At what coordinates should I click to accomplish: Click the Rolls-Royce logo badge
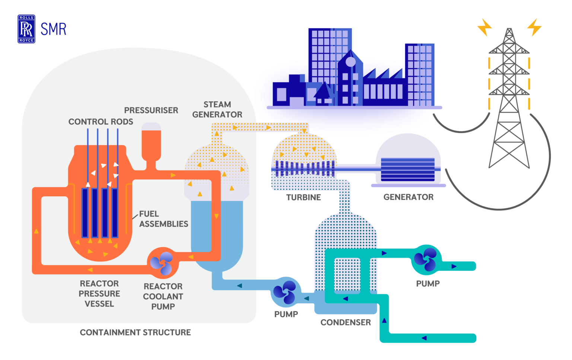[26, 29]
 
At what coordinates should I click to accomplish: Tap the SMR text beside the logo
[53, 29]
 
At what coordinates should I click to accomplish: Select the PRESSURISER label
[151, 110]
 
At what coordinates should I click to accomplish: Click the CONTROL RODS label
[101, 122]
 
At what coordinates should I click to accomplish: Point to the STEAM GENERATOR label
[217, 109]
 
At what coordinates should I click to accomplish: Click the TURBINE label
[304, 197]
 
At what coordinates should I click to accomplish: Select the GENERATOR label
[409, 197]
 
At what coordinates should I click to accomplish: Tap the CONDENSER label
[346, 322]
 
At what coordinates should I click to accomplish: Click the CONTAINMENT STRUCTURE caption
[135, 332]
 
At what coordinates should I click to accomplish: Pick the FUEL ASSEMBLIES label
[163, 219]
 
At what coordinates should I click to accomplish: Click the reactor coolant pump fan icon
[162, 263]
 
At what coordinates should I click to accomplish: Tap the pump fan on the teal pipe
[426, 259]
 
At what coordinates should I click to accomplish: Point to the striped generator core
[408, 169]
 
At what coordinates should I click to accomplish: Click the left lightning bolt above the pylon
[484, 27]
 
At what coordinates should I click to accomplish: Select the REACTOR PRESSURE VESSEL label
[99, 294]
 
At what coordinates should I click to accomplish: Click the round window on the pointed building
[350, 62]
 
